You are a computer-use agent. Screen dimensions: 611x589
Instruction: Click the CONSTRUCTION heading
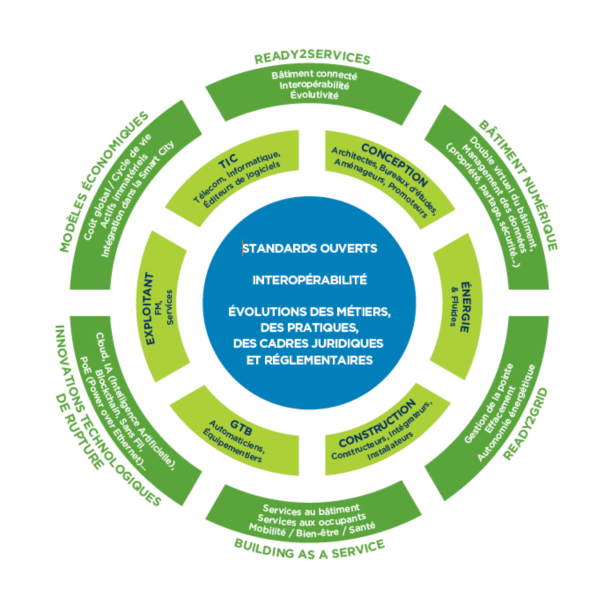click(x=378, y=423)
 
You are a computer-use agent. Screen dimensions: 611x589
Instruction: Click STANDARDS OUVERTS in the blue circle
click(x=310, y=248)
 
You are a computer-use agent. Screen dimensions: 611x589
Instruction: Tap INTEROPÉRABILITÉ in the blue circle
click(x=309, y=280)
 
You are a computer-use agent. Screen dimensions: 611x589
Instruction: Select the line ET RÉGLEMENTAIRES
click(x=309, y=360)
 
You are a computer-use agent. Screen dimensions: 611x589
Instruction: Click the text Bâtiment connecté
click(x=314, y=75)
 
